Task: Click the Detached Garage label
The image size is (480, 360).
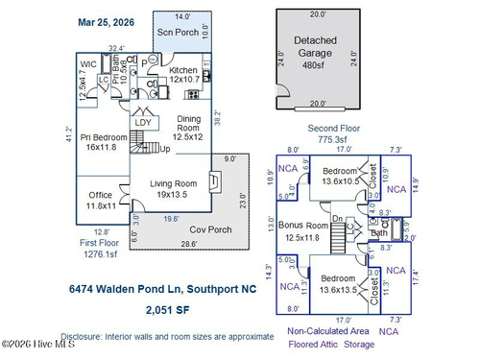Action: coord(318,47)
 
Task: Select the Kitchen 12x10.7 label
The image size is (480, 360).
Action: coord(183,74)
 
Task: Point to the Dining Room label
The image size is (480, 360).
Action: coord(189,128)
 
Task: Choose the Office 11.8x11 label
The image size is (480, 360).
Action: coord(101,200)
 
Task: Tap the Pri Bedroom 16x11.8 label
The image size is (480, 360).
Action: coord(99,143)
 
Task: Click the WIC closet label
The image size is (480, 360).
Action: coord(88,65)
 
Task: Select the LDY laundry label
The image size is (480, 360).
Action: coord(142,122)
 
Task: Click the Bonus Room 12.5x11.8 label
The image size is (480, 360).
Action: coord(327,230)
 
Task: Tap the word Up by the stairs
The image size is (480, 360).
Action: coord(164,150)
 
